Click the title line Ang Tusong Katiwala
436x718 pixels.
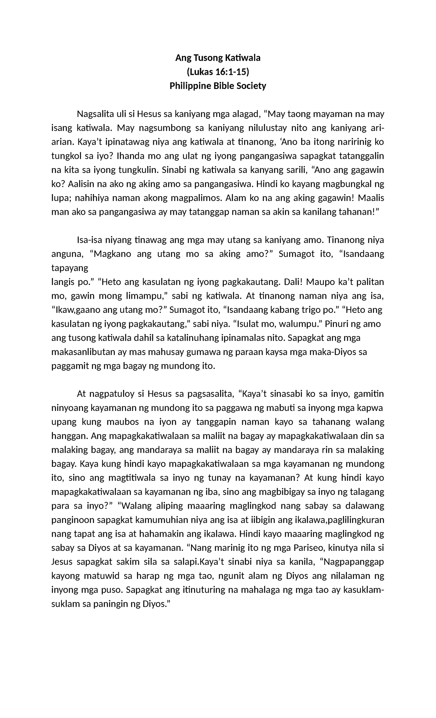218,58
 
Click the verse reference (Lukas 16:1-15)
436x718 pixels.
218,72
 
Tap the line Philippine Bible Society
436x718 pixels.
218,86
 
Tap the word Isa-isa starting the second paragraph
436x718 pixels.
90,240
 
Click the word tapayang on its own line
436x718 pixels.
70,268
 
